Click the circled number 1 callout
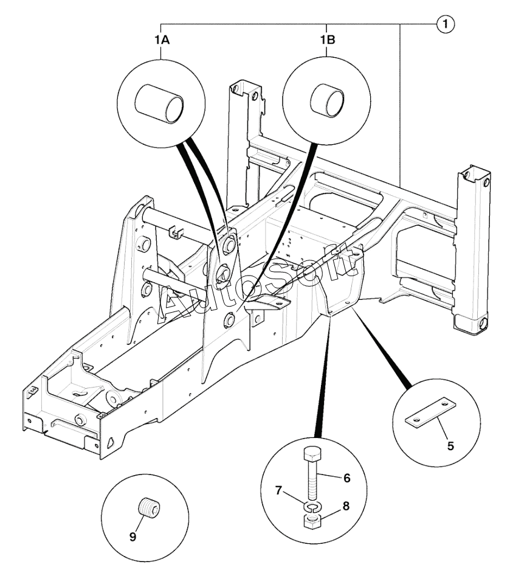point(446,24)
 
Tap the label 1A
point(160,41)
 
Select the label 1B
point(328,41)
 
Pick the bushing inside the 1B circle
point(328,100)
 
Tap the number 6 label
point(347,478)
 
